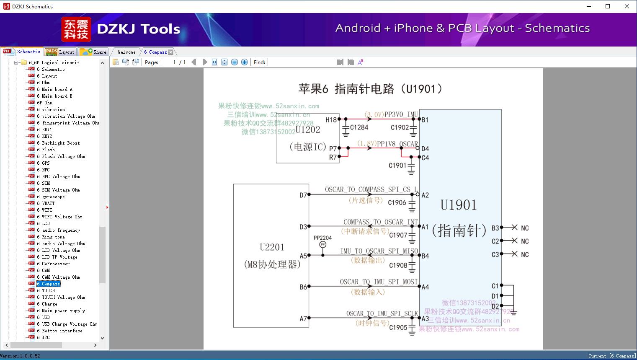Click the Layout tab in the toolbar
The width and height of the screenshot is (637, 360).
coord(61,52)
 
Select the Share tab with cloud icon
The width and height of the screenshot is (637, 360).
coord(93,52)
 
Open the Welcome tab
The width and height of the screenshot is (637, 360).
coord(126,52)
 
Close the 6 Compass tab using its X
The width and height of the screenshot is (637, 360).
coord(170,52)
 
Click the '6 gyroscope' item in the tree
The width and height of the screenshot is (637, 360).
coord(53,197)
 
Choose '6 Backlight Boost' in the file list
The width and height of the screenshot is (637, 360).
coord(61,143)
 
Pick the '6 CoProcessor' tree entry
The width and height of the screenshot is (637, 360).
coord(56,264)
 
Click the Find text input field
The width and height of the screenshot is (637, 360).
coord(302,62)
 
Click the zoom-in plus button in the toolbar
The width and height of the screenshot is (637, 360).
coord(245,62)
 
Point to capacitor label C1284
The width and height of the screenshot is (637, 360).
coord(359,127)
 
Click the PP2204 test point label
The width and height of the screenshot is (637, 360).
coord(322,238)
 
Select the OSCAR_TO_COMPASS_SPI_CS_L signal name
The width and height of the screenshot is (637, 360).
coord(371,189)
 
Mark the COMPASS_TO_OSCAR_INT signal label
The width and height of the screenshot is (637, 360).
coord(380,222)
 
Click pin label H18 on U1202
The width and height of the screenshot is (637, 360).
coord(331,119)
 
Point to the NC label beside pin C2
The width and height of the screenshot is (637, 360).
coord(525,241)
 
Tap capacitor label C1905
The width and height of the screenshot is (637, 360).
coord(398,328)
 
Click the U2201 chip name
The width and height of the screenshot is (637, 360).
coord(272,247)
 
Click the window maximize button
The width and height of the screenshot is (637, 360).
coord(608,6)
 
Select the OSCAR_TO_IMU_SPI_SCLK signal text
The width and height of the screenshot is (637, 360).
coord(382,313)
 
